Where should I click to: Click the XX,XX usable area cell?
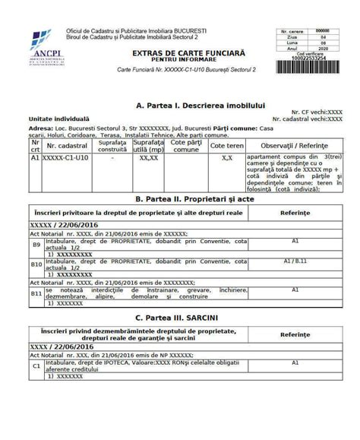click(x=149, y=159)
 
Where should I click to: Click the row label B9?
click(x=36, y=246)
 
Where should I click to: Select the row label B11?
click(x=36, y=293)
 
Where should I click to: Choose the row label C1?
click(x=36, y=366)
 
